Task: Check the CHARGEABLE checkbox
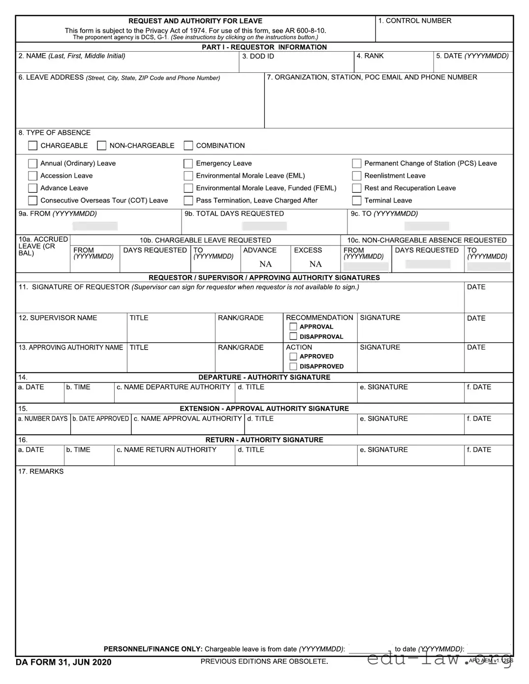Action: [33, 146]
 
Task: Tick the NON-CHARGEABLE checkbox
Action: [102, 146]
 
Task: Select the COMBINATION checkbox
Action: [188, 146]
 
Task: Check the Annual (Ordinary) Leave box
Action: [33, 163]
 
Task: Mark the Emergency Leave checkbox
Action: [188, 163]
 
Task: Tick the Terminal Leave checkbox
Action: [357, 201]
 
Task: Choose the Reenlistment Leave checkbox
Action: [357, 176]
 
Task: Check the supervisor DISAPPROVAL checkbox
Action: [293, 337]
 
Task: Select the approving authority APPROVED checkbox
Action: [293, 357]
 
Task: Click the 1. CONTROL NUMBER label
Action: [414, 21]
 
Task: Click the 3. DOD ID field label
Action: [258, 57]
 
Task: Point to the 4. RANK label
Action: [370, 56]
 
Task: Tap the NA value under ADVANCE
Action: [266, 264]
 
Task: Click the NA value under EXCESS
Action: [315, 264]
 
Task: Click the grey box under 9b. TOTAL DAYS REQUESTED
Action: [264, 226]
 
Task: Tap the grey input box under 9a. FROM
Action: [95, 226]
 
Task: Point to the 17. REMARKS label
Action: [41, 472]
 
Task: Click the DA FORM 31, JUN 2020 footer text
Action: [63, 662]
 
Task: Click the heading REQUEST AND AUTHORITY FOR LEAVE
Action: [195, 21]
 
